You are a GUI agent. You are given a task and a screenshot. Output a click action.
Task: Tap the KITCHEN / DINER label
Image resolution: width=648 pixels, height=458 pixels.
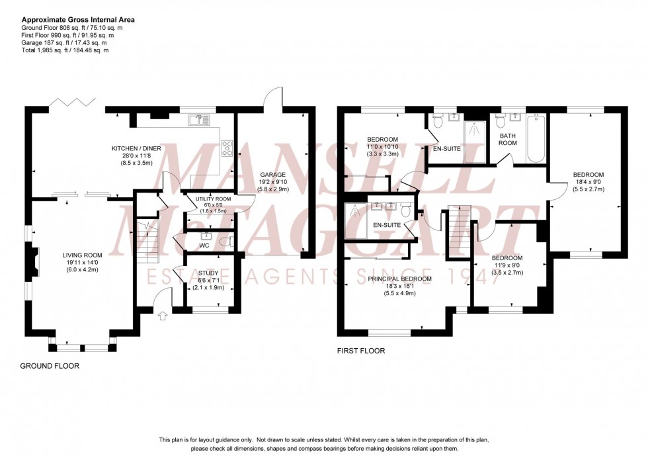138,148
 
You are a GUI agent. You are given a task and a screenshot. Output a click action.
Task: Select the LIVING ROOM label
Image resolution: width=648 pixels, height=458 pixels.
82,255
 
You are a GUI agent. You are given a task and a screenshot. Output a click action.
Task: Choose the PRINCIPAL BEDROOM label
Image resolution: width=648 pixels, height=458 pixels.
399,279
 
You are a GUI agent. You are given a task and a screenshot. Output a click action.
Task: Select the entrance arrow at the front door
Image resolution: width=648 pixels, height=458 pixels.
163,316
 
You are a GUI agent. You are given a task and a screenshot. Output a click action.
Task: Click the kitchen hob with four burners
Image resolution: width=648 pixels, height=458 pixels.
227,147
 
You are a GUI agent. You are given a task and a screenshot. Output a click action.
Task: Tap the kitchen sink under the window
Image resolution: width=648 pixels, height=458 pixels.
198,120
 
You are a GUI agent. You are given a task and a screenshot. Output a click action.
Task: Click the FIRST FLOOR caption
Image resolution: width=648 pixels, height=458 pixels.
360,351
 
